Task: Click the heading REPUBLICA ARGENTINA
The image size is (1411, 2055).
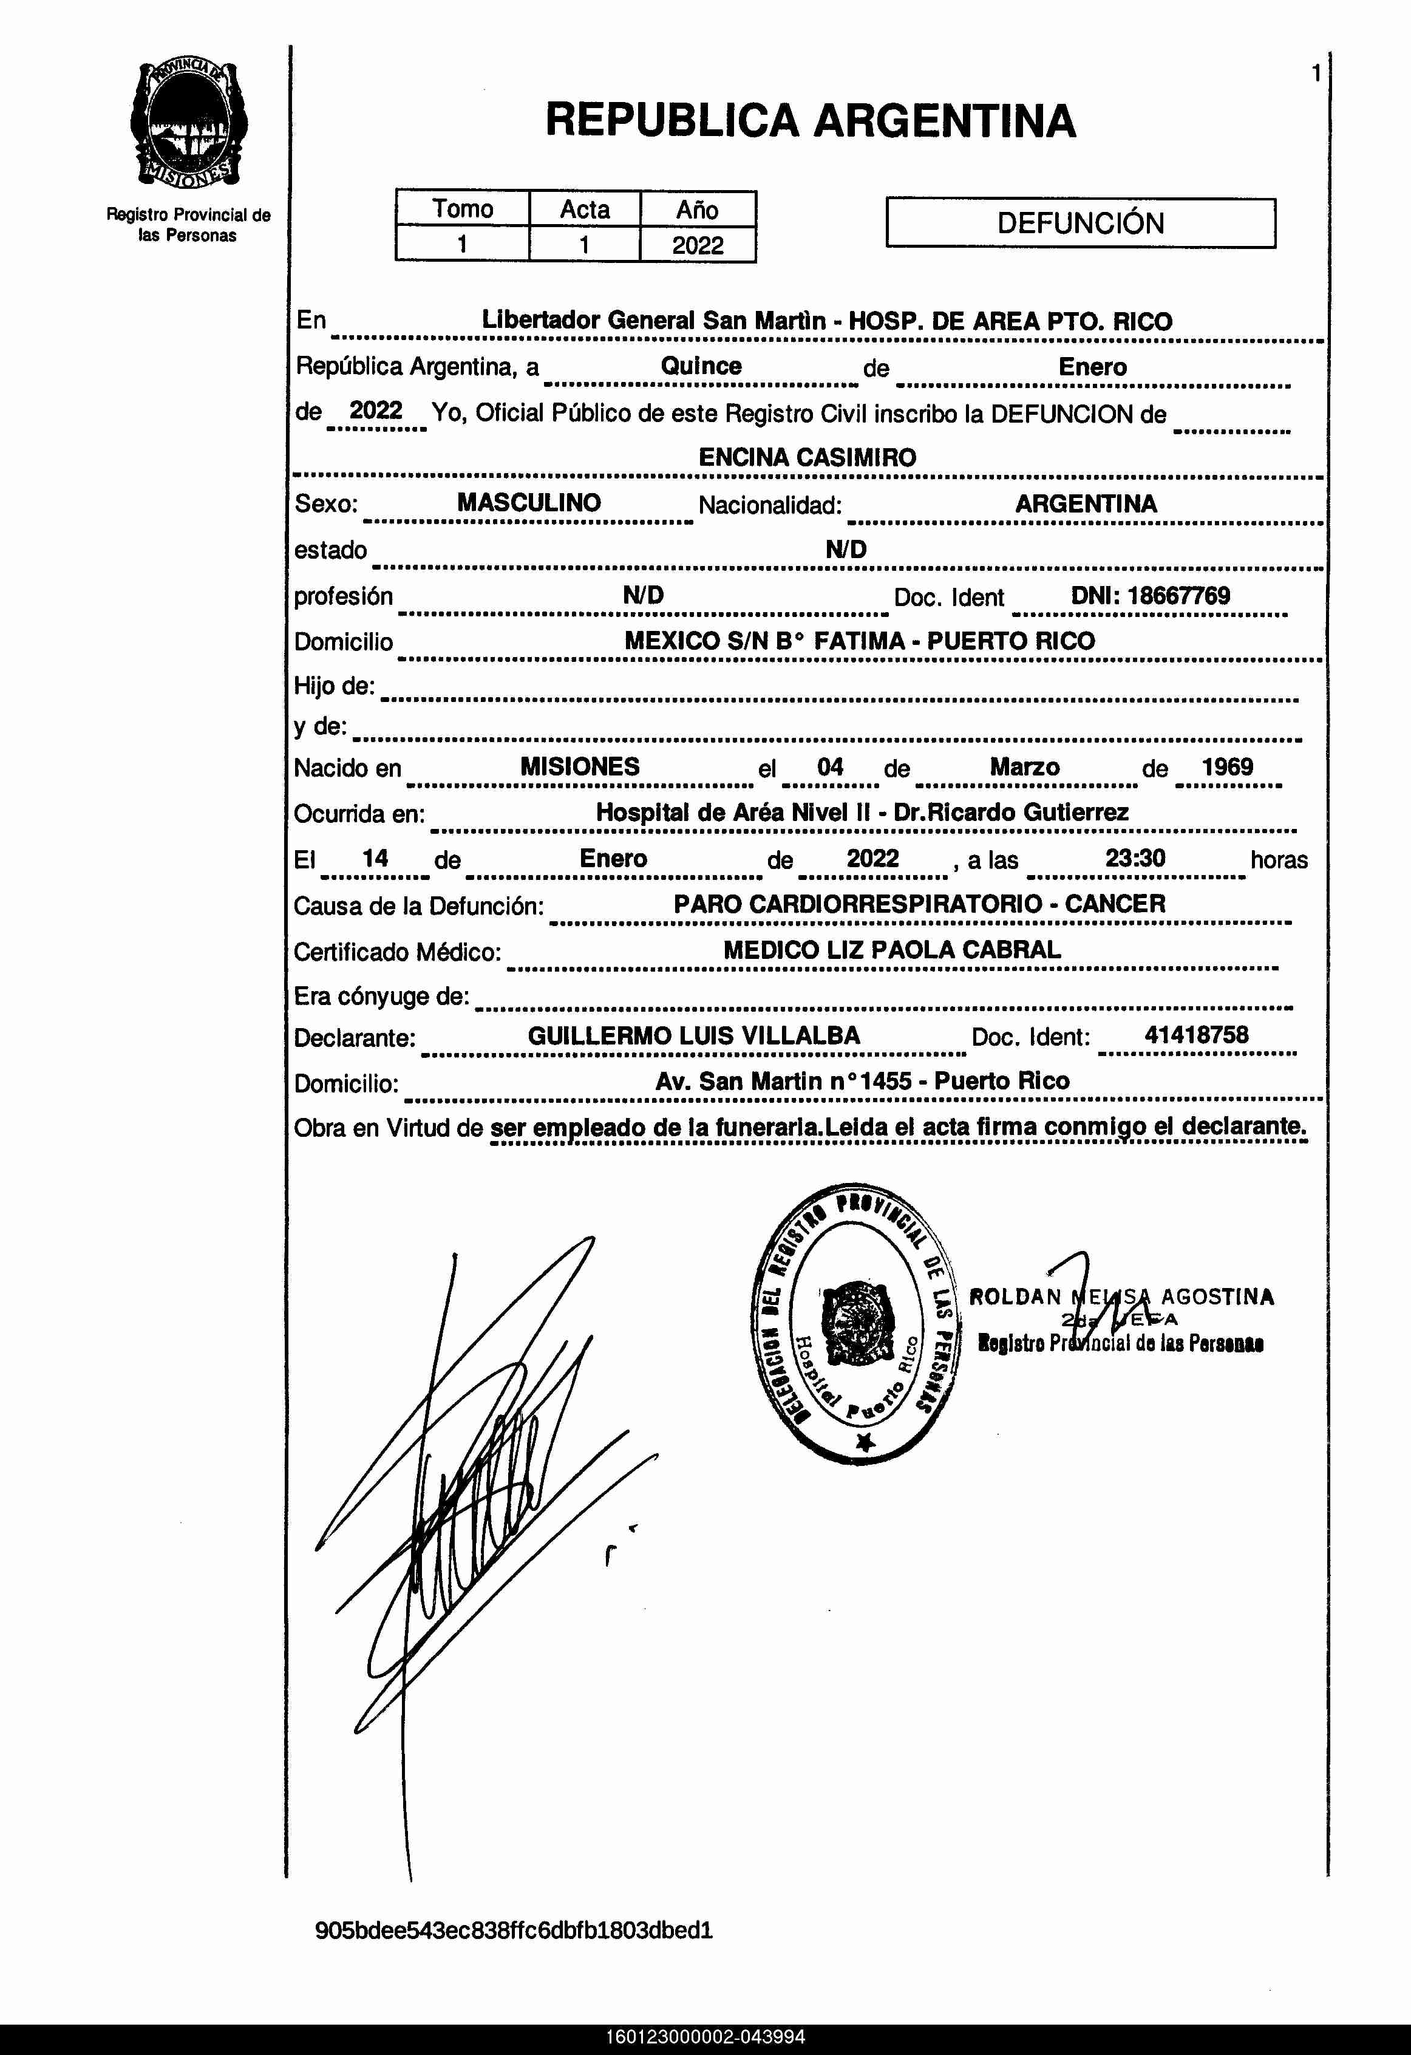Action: (x=810, y=121)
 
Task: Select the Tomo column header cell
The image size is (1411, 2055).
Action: (x=463, y=210)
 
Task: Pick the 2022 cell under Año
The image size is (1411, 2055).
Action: (x=698, y=245)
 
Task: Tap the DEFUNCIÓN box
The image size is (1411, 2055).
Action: (x=1080, y=223)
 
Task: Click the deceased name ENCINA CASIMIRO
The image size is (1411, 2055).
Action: (x=807, y=457)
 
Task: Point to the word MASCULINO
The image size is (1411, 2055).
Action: (x=529, y=502)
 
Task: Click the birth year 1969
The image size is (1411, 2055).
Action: (x=1227, y=766)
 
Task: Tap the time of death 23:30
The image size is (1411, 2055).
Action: (x=1135, y=857)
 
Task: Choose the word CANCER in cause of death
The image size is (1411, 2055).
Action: (x=1115, y=904)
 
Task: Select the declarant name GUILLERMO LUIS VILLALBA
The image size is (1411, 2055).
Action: (x=694, y=1035)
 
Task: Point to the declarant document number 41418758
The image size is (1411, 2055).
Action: (x=1196, y=1035)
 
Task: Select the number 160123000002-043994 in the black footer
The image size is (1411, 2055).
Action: (x=705, y=2037)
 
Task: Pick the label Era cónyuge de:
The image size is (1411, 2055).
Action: (x=381, y=997)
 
